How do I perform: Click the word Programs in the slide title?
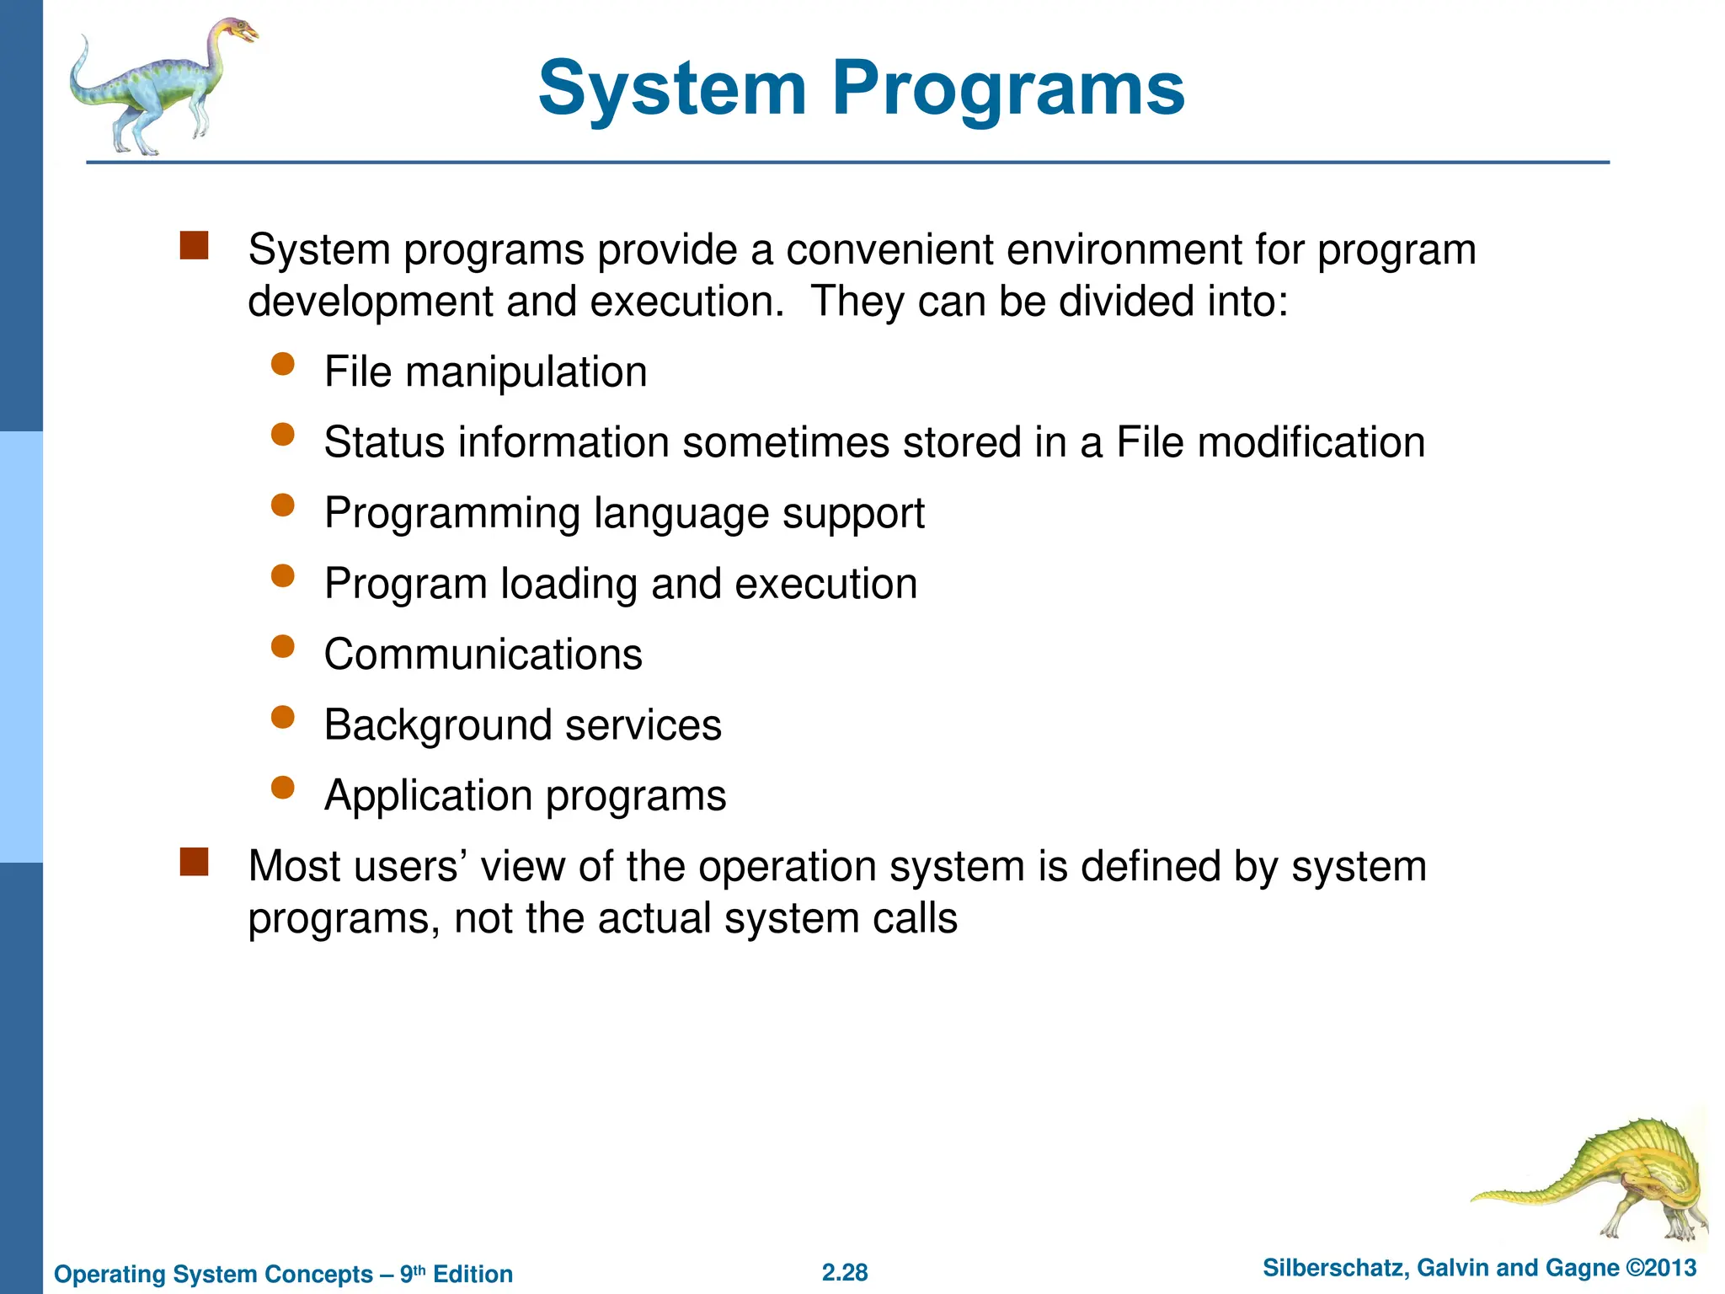pos(1008,88)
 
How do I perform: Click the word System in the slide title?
pos(672,88)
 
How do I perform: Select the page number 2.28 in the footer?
pos(845,1272)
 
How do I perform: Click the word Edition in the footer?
pos(473,1274)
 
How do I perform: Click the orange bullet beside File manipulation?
pos(283,364)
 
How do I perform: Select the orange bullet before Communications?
pos(283,646)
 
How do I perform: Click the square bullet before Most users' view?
pos(195,862)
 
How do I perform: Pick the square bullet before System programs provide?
pos(195,245)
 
